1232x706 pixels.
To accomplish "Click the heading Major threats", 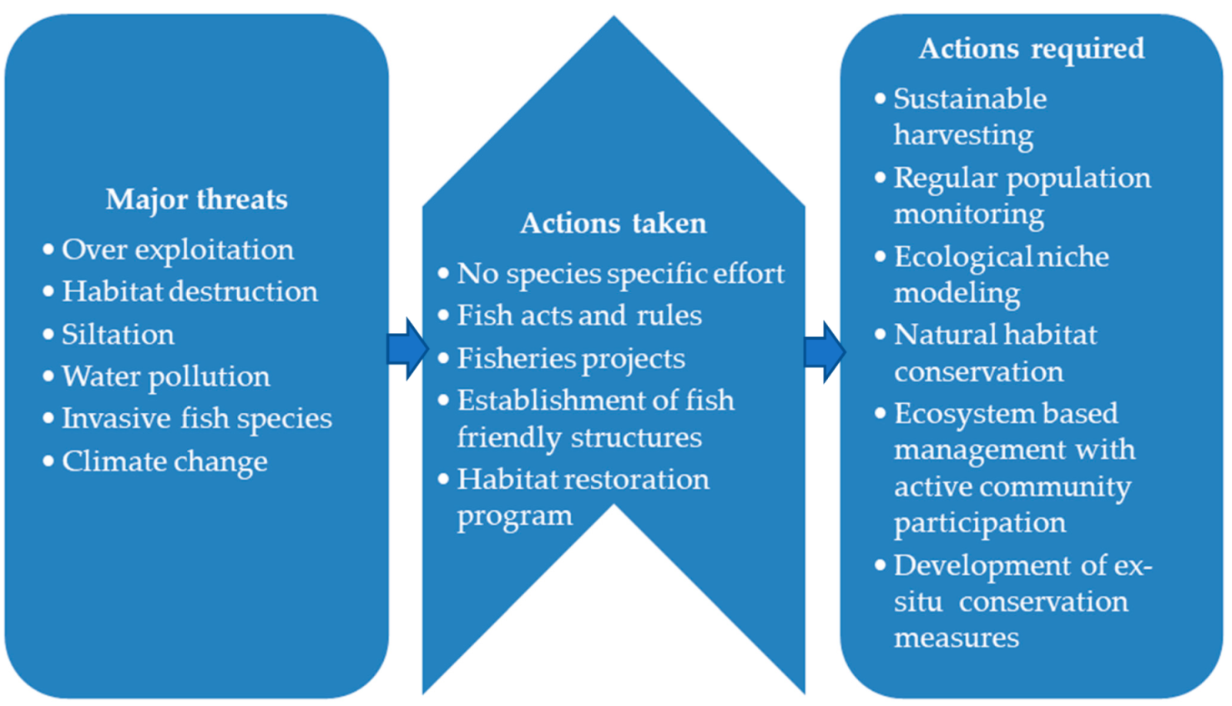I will tap(196, 199).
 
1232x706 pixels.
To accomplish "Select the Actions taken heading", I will tap(613, 224).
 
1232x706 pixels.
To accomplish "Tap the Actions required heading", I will tap(1032, 48).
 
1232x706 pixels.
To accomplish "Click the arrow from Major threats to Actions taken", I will tap(407, 349).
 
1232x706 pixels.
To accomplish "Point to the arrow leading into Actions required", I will tap(825, 351).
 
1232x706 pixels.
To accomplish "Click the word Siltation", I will tap(118, 335).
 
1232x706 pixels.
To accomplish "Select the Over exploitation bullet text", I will tap(178, 250).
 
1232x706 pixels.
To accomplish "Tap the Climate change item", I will tap(164, 461).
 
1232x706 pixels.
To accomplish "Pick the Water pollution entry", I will tap(166, 376).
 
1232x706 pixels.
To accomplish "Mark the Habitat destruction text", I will tap(189, 291).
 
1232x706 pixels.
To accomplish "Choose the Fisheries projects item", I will tap(571, 359).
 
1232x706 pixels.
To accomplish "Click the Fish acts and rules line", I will tap(579, 315).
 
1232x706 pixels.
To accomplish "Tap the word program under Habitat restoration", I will tap(515, 517).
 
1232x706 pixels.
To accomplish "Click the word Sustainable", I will tap(970, 99).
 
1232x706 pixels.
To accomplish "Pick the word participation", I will tap(980, 523).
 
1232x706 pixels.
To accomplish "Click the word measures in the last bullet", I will tap(957, 638).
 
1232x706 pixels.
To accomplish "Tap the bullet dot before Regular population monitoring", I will tap(880, 178).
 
